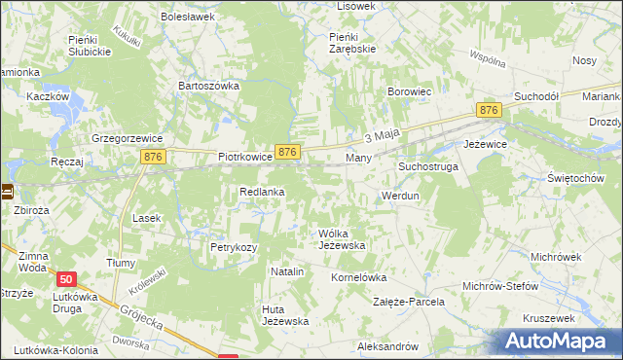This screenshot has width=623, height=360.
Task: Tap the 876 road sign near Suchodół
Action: click(x=489, y=112)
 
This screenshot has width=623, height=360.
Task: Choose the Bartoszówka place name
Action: click(x=208, y=86)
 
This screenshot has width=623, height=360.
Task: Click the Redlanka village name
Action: click(x=262, y=192)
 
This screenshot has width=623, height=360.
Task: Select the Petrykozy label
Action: click(x=234, y=247)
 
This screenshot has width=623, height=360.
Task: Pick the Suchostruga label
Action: click(x=427, y=167)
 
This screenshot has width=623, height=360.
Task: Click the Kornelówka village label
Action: click(x=359, y=277)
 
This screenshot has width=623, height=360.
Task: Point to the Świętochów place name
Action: click(x=575, y=179)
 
